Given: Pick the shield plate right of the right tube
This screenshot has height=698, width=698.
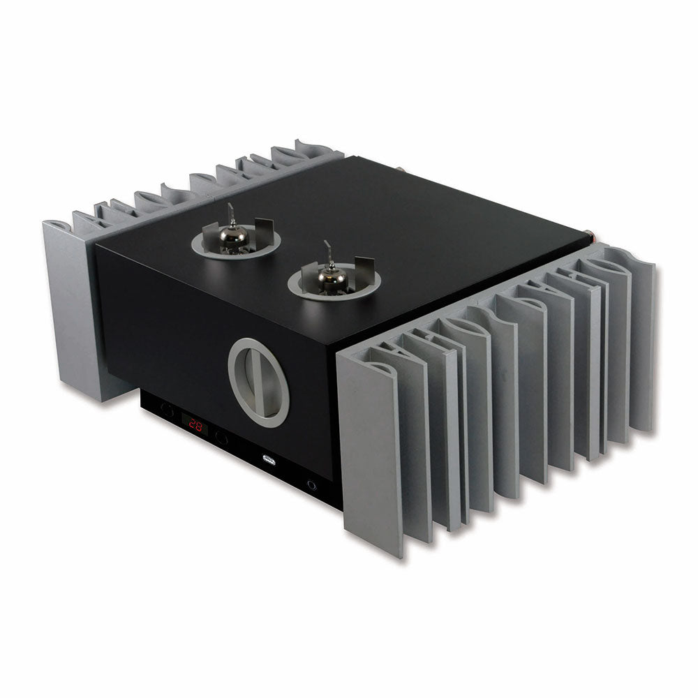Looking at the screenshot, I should click(364, 269).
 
